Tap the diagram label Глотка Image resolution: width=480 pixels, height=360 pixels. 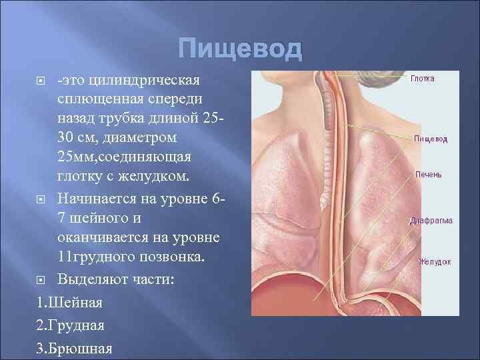(423, 78)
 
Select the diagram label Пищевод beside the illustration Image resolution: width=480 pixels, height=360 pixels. (431, 139)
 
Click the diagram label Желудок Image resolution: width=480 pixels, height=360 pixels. (434, 262)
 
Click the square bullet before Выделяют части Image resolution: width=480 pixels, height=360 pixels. (42, 279)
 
